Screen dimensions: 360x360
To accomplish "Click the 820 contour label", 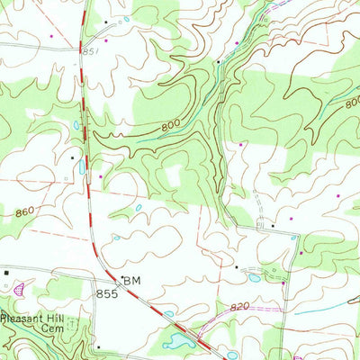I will click(x=238, y=307).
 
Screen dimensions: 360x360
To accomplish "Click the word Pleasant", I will click(x=24, y=318).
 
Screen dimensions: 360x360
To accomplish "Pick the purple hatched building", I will click(x=20, y=290).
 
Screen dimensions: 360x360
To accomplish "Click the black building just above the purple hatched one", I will click(x=6, y=270).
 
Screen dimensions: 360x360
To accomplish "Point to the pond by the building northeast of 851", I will click(x=126, y=19).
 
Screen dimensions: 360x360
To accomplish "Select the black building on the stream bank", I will click(x=218, y=61).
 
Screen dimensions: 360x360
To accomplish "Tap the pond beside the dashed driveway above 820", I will click(x=255, y=278).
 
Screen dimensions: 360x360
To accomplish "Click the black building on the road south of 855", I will click(x=97, y=345).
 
